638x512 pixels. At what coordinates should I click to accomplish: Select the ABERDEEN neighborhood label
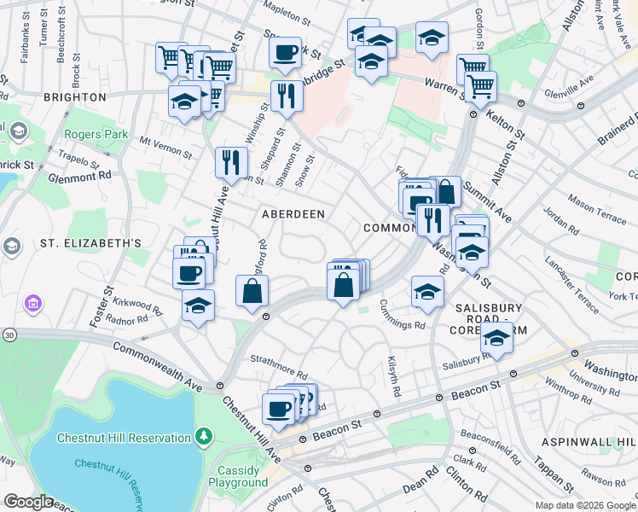click(x=293, y=214)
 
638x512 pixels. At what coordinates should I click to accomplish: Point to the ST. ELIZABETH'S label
click(x=90, y=243)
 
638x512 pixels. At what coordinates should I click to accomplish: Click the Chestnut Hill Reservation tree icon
click(x=203, y=438)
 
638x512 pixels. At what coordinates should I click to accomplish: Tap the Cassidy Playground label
click(x=238, y=476)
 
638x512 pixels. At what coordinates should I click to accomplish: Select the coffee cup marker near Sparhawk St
click(x=285, y=53)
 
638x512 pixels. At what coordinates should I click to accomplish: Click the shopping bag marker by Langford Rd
click(x=252, y=291)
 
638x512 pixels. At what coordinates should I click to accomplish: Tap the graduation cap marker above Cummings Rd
click(x=427, y=292)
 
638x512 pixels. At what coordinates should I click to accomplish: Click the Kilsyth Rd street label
click(x=394, y=377)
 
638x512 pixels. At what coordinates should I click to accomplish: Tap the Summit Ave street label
click(x=491, y=206)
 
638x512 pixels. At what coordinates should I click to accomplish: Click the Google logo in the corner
click(x=28, y=502)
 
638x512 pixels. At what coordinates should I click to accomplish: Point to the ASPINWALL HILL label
click(x=589, y=441)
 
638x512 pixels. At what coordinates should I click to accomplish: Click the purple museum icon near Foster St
click(x=33, y=303)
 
